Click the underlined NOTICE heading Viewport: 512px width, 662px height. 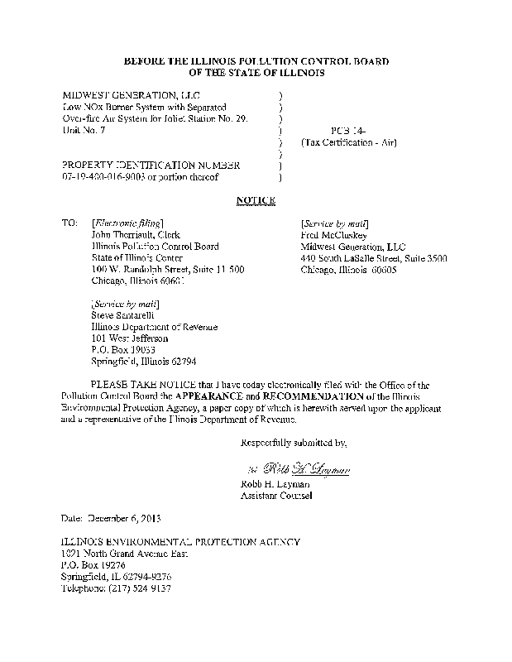(256, 200)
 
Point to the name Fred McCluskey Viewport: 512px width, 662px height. (335, 235)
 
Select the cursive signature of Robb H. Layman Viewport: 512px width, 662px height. (299, 469)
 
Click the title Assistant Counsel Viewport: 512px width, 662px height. (275, 496)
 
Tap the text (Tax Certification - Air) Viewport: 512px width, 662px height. (349, 142)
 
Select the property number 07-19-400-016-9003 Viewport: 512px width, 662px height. (110, 176)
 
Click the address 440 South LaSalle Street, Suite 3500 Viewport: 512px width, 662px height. (374, 258)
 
